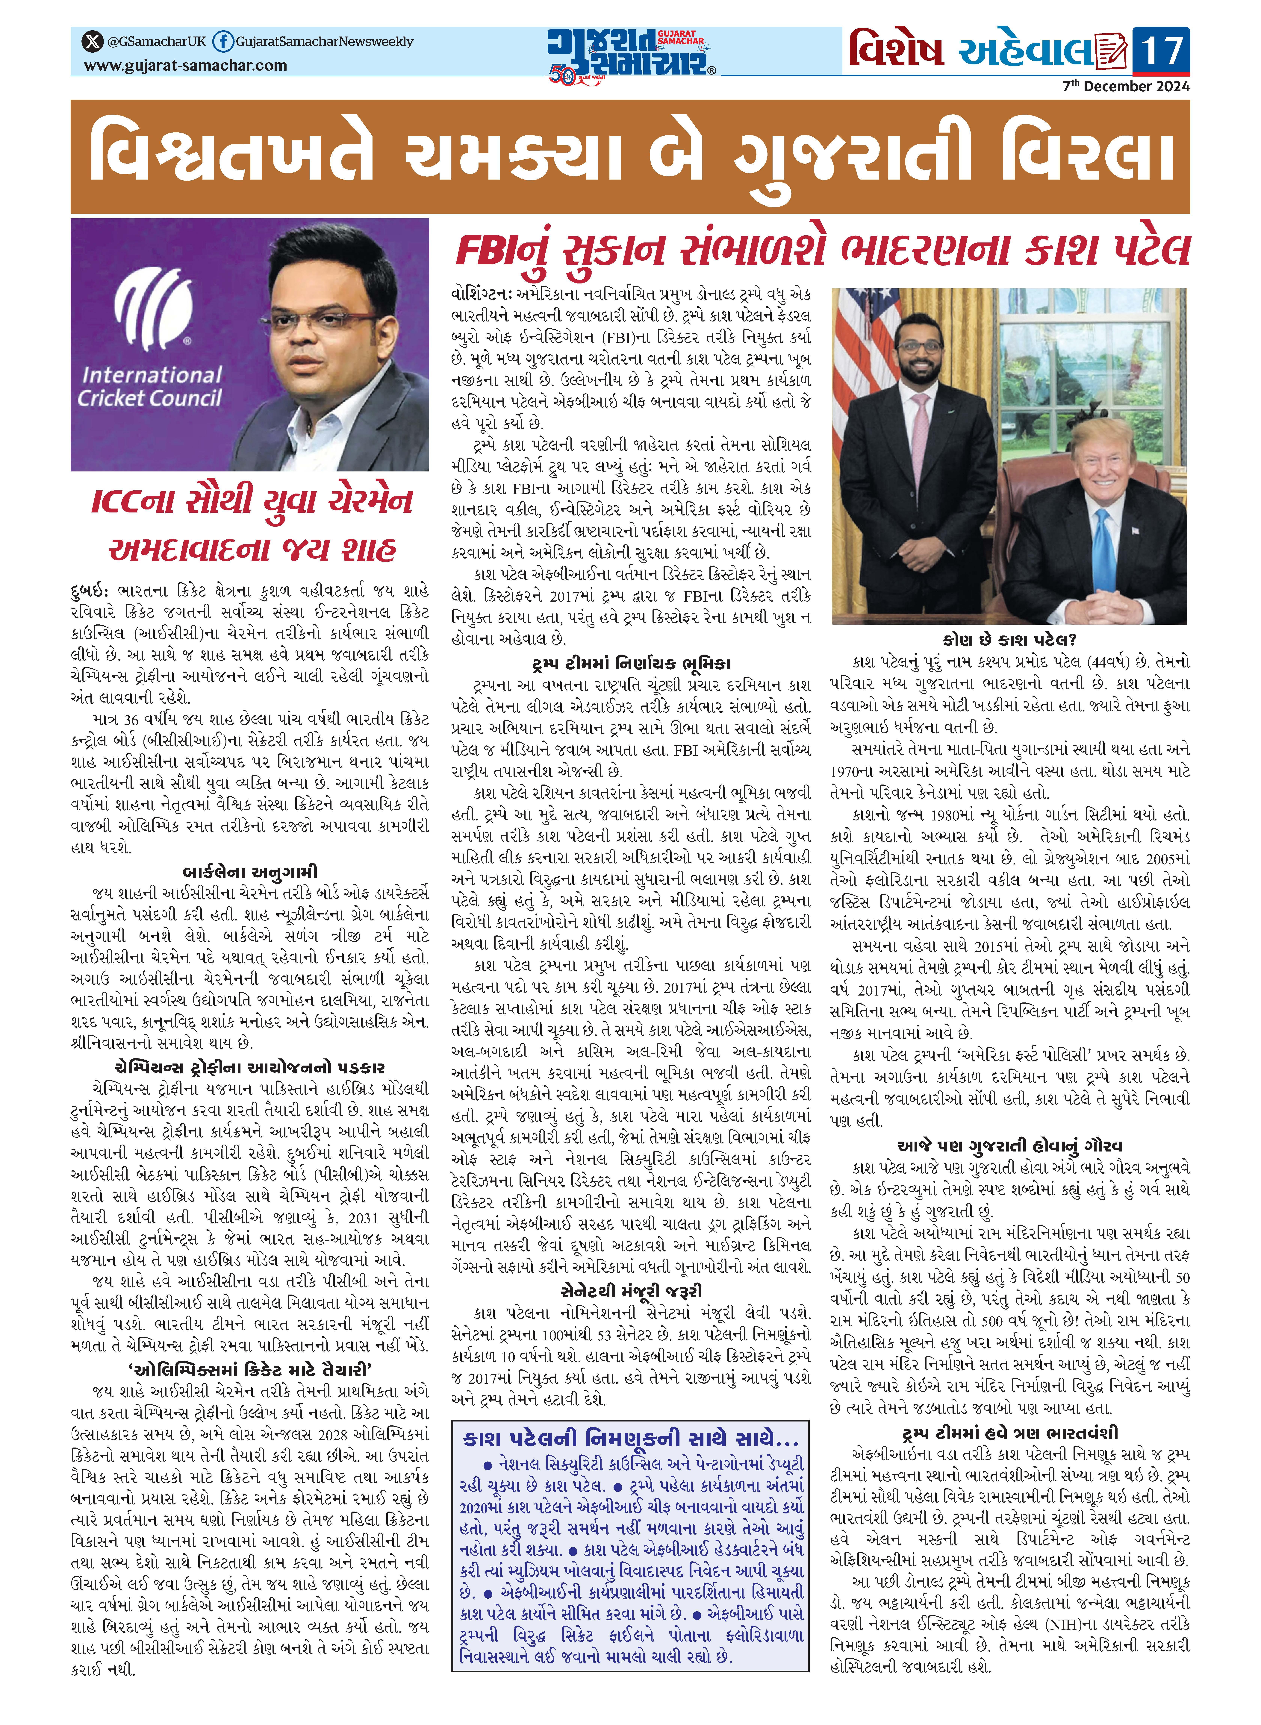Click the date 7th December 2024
click(1126, 86)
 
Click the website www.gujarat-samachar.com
click(185, 66)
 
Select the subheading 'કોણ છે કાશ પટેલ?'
click(1009, 640)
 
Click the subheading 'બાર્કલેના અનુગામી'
click(250, 871)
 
